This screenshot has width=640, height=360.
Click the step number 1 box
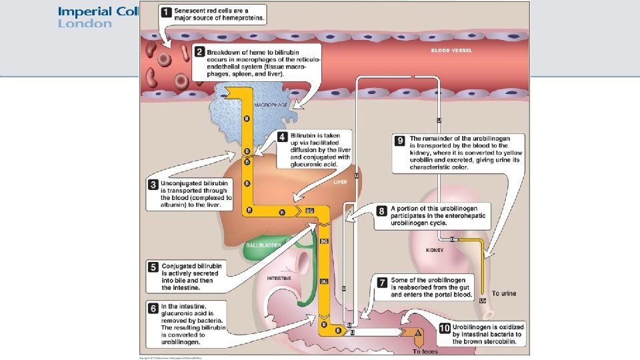point(164,12)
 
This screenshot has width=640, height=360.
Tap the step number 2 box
point(199,51)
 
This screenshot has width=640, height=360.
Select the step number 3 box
point(153,183)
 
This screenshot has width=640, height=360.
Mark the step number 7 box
point(381,282)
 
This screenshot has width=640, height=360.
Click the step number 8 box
point(381,211)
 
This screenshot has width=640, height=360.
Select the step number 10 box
point(445,328)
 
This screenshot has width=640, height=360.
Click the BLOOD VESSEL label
point(453,51)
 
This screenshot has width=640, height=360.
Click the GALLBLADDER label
point(263,245)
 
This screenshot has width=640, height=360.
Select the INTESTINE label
point(278,278)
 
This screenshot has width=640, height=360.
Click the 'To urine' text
point(503,293)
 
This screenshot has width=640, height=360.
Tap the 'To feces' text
point(425,351)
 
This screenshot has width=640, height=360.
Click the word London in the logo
point(85,24)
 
